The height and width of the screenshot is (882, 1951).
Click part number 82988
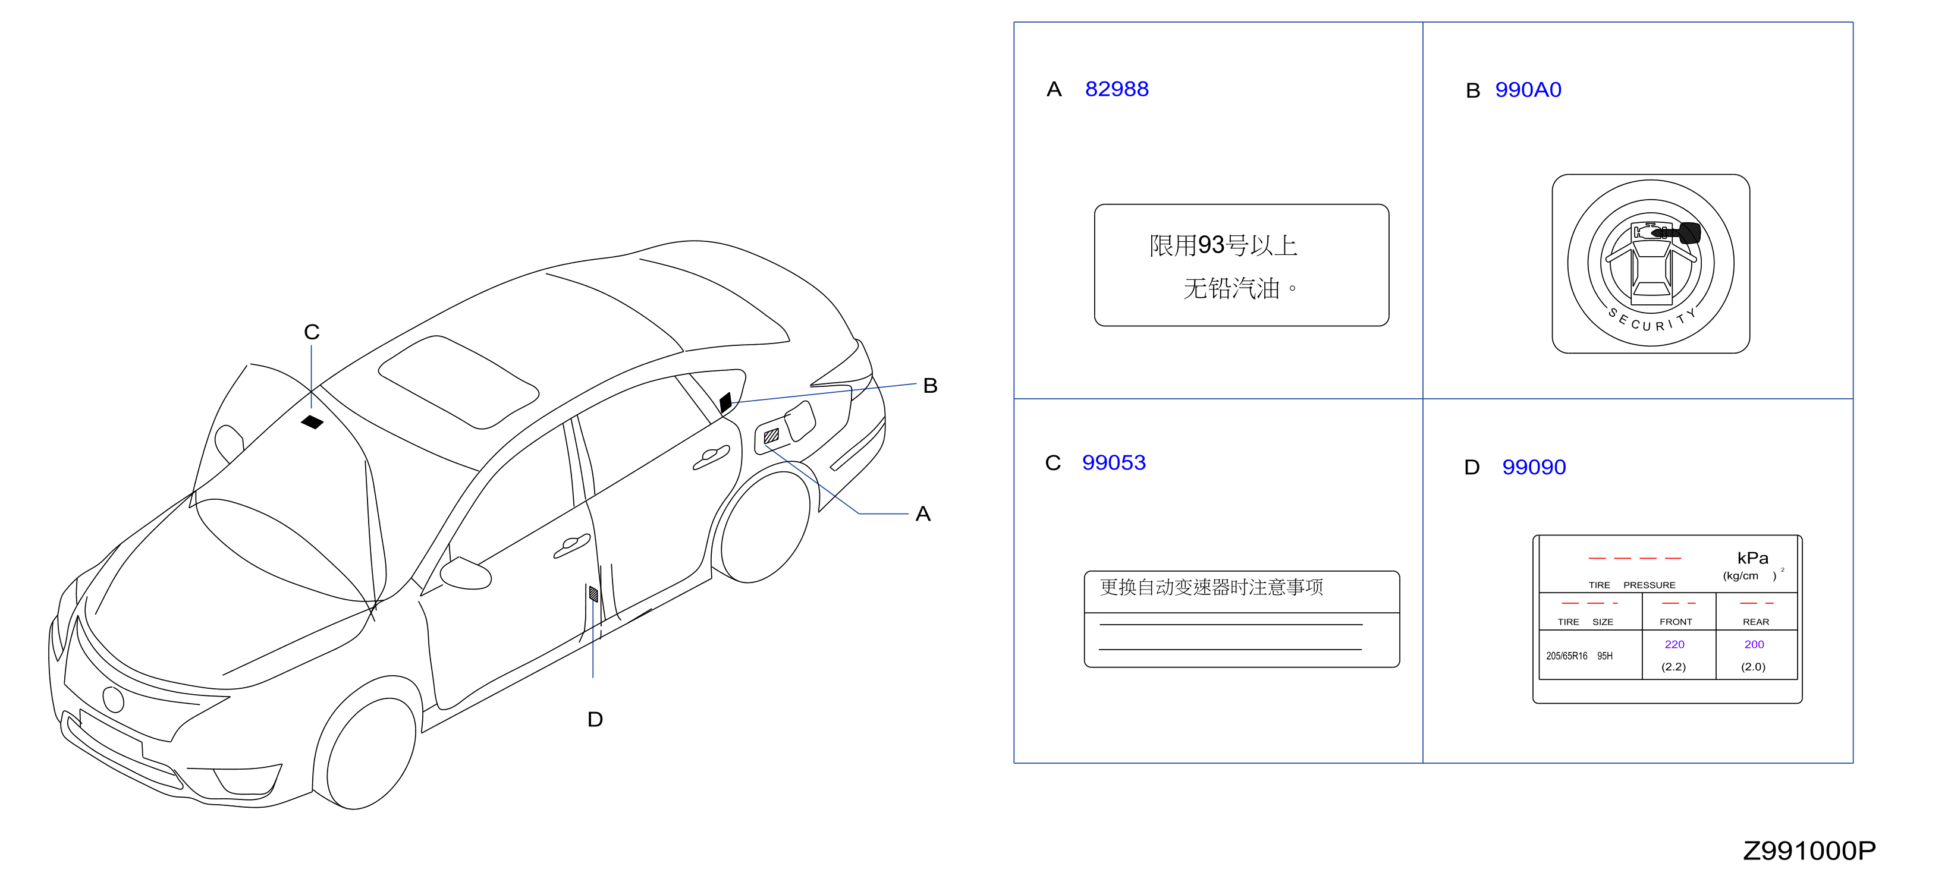(1116, 89)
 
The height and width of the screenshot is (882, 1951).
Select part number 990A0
(1528, 90)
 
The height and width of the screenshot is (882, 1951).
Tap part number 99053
(1113, 462)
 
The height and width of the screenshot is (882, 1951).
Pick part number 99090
(1534, 467)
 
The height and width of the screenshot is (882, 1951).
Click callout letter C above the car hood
(311, 332)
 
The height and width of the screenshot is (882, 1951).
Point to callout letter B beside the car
(930, 385)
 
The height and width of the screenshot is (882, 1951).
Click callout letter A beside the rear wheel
(922, 514)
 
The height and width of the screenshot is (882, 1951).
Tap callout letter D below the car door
(595, 719)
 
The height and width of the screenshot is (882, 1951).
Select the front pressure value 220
(1674, 644)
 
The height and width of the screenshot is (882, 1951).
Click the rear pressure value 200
(1754, 644)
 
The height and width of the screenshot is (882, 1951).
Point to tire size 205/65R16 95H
(1579, 656)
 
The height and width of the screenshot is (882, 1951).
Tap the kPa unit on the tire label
(1752, 558)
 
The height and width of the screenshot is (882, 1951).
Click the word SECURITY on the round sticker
(1652, 321)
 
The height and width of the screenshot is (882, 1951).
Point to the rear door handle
(711, 456)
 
